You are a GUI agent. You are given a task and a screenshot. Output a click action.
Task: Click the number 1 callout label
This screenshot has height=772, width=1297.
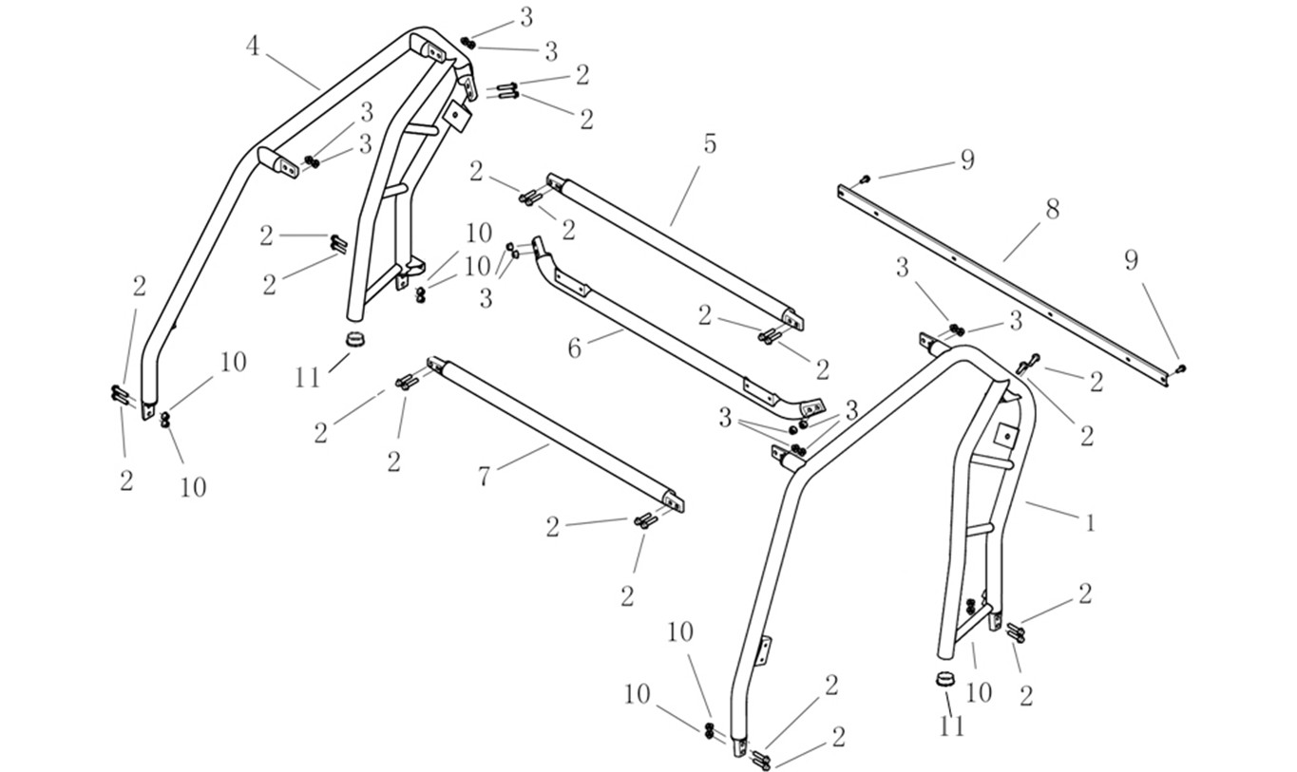(1091, 522)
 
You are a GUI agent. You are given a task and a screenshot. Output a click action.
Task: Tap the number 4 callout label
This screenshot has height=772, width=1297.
(252, 47)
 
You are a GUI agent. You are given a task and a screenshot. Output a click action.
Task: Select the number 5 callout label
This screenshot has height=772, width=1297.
(709, 144)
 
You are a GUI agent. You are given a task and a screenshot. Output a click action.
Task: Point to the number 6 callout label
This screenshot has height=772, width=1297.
(574, 348)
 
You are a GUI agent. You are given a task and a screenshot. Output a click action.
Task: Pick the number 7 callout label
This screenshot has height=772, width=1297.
(485, 476)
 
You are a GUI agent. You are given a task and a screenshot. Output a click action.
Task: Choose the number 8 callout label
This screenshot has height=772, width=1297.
(1052, 209)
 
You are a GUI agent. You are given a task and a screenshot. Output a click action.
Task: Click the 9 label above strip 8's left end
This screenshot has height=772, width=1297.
(967, 160)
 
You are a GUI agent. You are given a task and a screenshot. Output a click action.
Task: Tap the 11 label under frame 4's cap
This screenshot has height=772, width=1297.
(307, 378)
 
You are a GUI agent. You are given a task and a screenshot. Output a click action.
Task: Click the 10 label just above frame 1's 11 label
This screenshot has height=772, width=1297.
(978, 692)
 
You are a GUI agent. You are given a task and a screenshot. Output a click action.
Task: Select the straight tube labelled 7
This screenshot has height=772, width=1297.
(556, 429)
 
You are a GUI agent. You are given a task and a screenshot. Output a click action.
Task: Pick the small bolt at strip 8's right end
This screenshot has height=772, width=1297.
(1181, 367)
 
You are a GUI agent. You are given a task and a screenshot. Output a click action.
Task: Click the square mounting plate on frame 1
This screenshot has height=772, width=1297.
(1005, 434)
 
